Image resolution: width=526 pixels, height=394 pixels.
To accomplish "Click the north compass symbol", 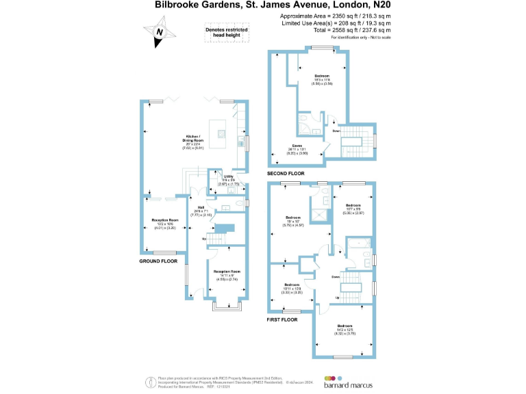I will point(159,32).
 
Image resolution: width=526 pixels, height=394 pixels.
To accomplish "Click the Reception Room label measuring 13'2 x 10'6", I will point(164,224).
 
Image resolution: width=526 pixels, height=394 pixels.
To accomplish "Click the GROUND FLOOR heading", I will point(158,261).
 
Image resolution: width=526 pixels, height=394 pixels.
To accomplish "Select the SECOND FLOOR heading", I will point(286,174).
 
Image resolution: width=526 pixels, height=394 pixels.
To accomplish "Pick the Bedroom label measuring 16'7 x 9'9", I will point(353,209).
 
